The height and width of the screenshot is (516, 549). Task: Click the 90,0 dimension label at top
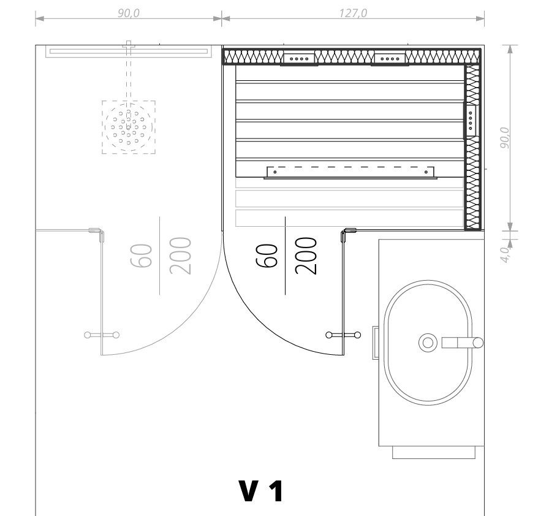tap(129, 13)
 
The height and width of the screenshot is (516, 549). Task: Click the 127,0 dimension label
tap(353, 13)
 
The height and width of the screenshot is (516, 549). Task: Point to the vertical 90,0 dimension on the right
tap(505, 137)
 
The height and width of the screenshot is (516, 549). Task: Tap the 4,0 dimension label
tap(505, 254)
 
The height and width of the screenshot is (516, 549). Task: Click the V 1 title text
tap(261, 491)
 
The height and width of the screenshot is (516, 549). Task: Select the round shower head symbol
tap(129, 127)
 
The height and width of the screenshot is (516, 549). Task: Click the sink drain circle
tap(428, 343)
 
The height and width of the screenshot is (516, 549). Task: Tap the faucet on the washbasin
tap(462, 343)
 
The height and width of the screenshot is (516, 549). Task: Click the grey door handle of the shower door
tap(102, 335)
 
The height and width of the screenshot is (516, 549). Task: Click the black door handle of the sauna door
tap(343, 335)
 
